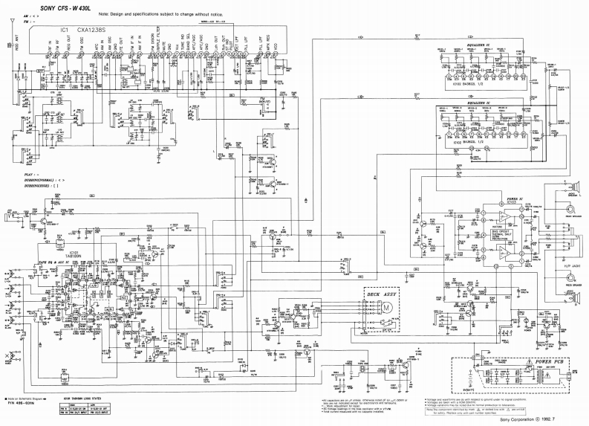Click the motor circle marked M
click(388, 306)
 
